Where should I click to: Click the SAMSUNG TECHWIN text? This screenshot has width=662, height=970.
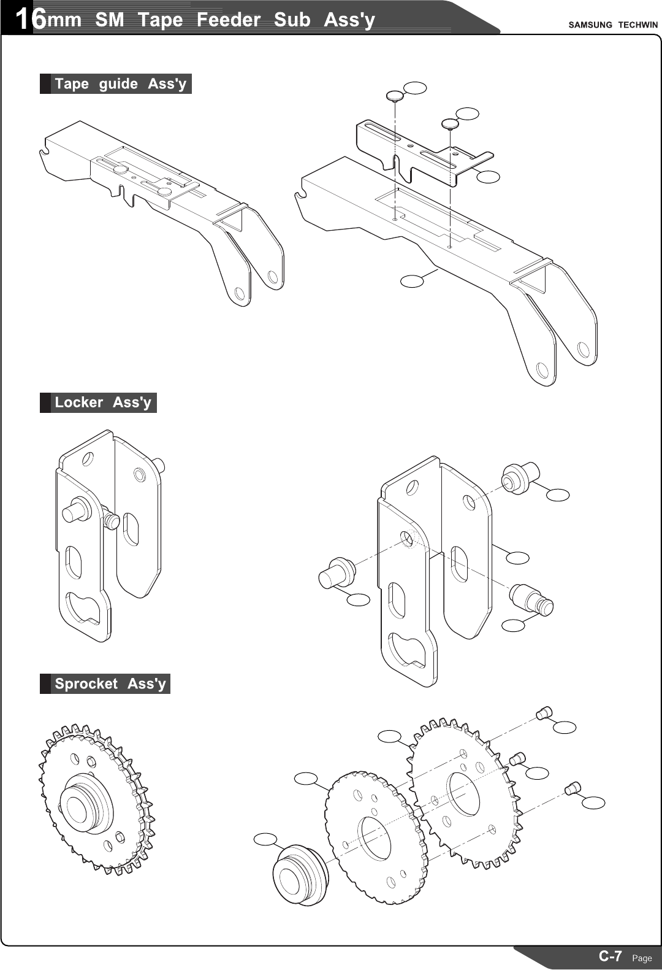[612, 25]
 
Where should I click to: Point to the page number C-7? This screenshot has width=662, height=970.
[611, 956]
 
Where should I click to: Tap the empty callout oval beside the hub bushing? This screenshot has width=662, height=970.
[265, 839]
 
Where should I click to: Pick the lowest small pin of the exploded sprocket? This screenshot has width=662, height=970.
[573, 787]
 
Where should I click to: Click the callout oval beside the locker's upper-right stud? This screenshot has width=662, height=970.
[558, 495]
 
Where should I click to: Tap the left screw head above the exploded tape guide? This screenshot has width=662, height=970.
[395, 96]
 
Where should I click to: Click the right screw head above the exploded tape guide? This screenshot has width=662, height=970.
[451, 123]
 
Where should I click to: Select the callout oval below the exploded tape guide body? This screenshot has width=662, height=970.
[412, 281]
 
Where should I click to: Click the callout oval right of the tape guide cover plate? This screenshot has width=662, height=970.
[488, 177]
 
